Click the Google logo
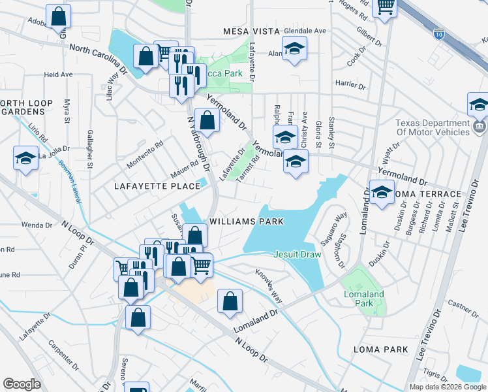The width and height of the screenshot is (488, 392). click(22, 384)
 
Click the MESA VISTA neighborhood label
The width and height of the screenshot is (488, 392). click(251, 31)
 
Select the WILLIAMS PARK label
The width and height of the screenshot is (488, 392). click(247, 221)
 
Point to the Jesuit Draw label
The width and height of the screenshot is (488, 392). click(297, 253)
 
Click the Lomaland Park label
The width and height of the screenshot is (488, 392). click(364, 299)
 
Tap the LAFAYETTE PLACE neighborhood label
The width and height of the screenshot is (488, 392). click(157, 186)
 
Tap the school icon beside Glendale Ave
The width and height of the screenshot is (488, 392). click(295, 48)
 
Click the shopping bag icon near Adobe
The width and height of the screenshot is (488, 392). click(59, 18)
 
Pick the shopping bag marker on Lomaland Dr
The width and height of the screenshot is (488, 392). click(230, 302)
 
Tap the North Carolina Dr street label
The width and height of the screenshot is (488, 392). click(97, 58)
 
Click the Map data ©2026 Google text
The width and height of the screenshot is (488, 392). click(447, 387)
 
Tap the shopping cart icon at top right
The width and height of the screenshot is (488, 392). click(385, 8)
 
